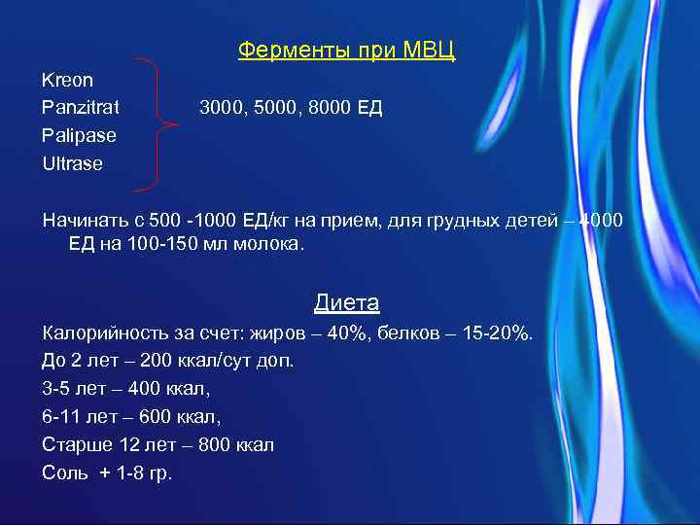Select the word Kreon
click(x=68, y=79)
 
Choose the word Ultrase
click(x=72, y=163)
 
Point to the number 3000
click(x=221, y=107)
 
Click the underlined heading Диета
click(x=346, y=302)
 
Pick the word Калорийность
click(x=101, y=333)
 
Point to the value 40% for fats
click(x=348, y=333)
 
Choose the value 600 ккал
click(x=179, y=417)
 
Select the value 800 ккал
click(x=231, y=445)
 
